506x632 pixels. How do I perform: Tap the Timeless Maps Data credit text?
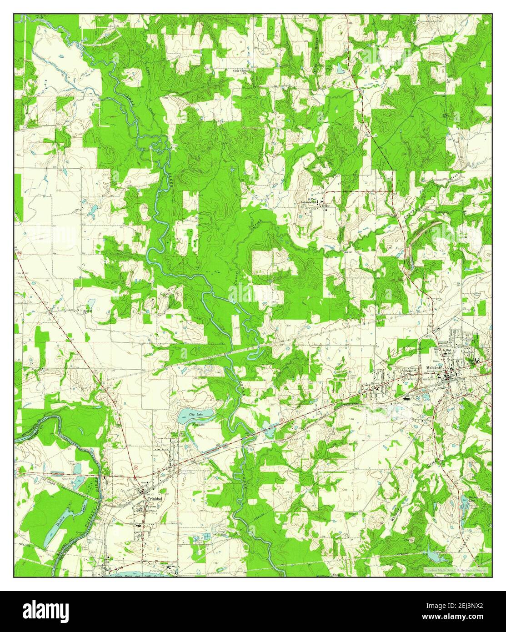pos(455,570)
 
